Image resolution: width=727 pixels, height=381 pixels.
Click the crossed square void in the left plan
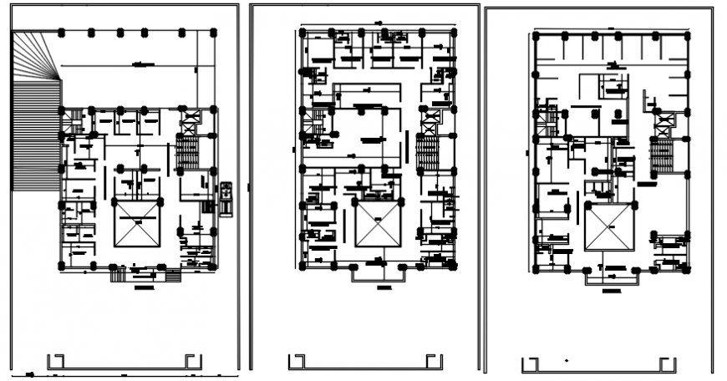pos(135,223)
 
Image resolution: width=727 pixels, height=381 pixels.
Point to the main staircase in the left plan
pos(188,153)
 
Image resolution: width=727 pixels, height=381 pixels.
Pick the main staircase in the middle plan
pos(428,154)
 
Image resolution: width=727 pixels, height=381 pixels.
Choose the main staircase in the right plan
pos(663,156)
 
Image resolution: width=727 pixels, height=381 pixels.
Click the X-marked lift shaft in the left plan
pos(189,122)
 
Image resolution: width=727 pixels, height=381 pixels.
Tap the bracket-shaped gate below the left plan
pos(125,362)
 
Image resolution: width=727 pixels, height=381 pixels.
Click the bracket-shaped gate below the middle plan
pos(364,362)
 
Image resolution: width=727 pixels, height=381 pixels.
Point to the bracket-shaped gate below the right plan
pos(597,365)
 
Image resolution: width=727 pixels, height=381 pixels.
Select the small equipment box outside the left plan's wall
pos(225,197)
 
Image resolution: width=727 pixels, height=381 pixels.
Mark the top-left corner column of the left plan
pos(63,33)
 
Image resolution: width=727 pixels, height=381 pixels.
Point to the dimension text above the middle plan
pos(378,23)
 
